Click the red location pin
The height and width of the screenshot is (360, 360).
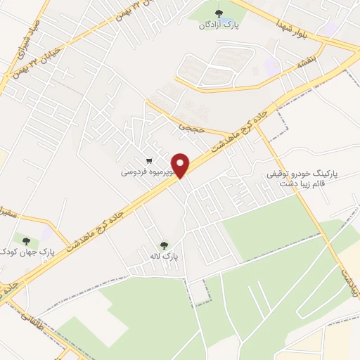(x=181, y=165)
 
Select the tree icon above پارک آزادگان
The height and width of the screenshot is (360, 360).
(x=219, y=12)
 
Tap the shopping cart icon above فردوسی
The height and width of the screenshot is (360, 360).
(x=148, y=160)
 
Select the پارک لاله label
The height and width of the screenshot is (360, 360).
(x=165, y=258)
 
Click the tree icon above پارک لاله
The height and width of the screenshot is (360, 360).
(x=165, y=245)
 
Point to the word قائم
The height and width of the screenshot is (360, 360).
(x=320, y=184)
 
